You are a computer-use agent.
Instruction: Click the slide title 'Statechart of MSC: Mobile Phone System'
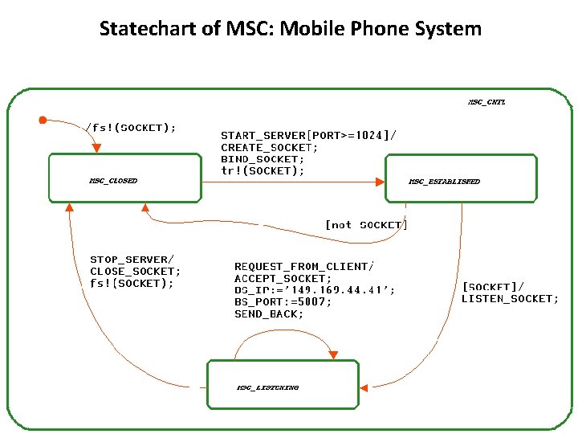[x=290, y=30]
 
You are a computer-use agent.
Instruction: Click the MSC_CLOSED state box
[x=124, y=178]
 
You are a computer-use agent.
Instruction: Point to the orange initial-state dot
[x=43, y=120]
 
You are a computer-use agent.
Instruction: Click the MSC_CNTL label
[x=486, y=102]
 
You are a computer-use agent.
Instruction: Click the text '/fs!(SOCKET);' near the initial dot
[x=131, y=127]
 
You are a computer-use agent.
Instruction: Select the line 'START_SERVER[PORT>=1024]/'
[x=308, y=135]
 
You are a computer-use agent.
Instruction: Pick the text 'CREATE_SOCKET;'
[x=270, y=147]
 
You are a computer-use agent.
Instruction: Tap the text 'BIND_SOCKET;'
[x=263, y=159]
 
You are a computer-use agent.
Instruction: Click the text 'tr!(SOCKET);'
[x=263, y=171]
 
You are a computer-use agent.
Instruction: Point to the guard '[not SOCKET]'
[x=366, y=225]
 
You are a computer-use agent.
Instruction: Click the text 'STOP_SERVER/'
[x=132, y=260]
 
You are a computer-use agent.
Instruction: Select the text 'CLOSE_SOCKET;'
[x=135, y=271]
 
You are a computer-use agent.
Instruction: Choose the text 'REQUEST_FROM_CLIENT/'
[x=304, y=266]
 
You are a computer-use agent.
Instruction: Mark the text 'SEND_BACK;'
[x=269, y=313]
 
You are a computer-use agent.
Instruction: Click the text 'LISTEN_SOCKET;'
[x=510, y=299]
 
